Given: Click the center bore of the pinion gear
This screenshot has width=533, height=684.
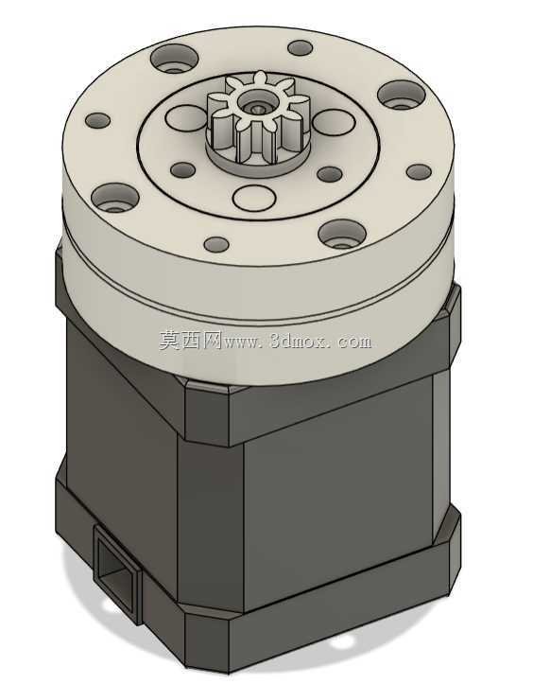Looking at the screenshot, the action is click(x=254, y=105).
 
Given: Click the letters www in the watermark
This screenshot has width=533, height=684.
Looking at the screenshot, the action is click(x=244, y=342).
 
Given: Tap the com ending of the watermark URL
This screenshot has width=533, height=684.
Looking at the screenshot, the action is click(x=354, y=342).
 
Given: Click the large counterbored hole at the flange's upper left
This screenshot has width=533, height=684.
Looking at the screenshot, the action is click(x=174, y=59).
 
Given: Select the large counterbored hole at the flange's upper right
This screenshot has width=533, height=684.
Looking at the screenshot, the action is click(x=402, y=95).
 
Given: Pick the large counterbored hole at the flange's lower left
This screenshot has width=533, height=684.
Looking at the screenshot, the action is click(x=115, y=198).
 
